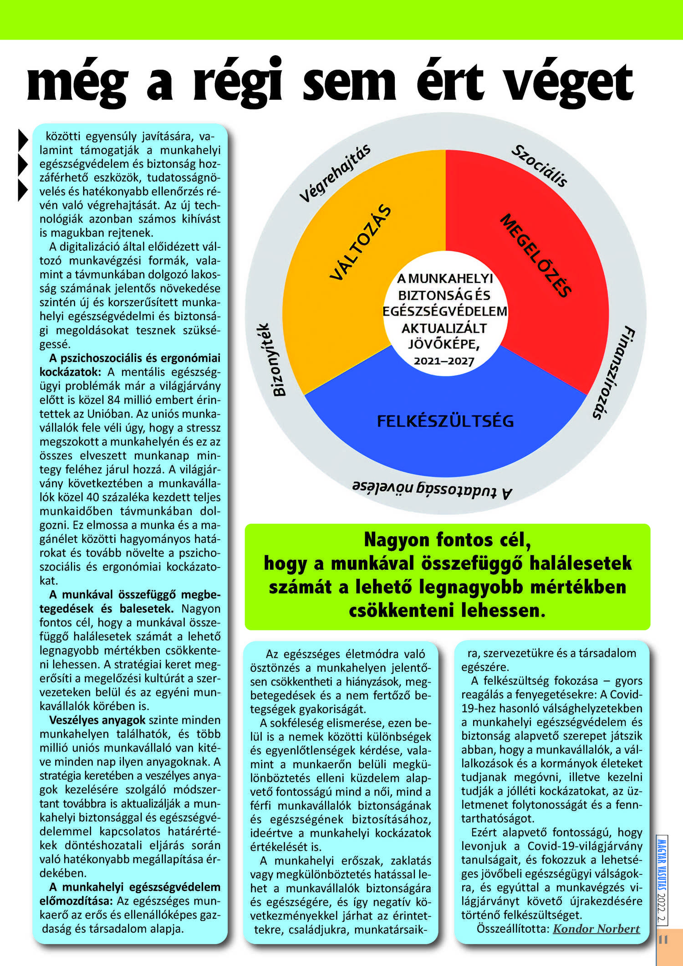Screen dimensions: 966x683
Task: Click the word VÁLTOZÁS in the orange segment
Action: click(x=360, y=243)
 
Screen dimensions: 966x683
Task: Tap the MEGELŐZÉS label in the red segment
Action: click(x=535, y=255)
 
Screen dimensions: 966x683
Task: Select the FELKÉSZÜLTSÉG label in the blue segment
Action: click(x=445, y=421)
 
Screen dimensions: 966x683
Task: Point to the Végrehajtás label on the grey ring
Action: click(x=335, y=173)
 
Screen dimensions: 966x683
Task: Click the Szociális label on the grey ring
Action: click(x=540, y=166)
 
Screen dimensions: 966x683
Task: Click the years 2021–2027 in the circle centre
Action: click(x=444, y=361)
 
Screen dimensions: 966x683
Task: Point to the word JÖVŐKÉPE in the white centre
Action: click(x=444, y=344)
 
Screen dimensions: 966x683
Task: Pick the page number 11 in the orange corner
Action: click(x=663, y=940)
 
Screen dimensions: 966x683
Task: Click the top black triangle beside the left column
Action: click(x=23, y=140)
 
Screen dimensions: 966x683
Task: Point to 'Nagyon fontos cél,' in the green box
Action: click(x=447, y=540)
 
